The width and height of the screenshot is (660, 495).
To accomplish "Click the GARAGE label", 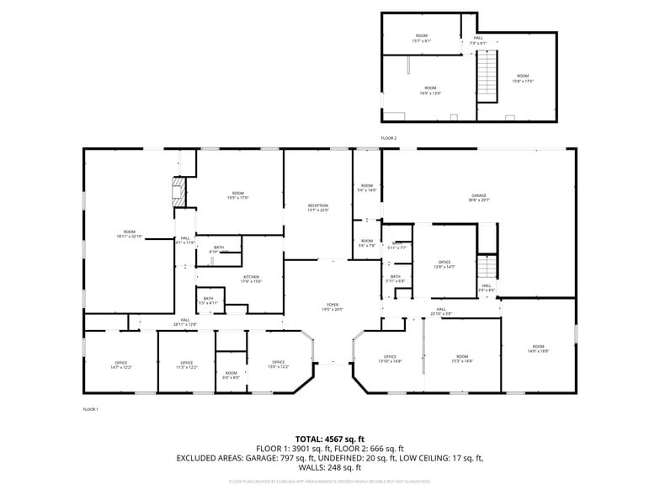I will coord(478,197).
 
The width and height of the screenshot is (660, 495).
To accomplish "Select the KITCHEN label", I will coord(252,279).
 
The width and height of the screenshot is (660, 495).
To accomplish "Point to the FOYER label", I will coord(333,306).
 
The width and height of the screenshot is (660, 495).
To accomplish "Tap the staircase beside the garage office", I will coord(487,268).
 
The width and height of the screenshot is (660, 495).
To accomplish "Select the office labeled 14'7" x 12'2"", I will coord(120,365).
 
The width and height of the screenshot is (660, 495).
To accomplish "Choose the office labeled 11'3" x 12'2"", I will coord(186,365).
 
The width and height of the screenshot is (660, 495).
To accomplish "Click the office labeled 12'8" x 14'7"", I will coord(444,264).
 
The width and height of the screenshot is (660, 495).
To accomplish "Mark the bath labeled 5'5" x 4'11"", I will coord(208,300).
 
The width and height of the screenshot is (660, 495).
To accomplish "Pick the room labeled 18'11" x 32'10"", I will coord(129,234).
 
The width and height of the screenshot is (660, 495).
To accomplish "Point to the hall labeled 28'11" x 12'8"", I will coord(185,322).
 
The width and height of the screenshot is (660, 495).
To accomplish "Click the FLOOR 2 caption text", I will coord(388,138).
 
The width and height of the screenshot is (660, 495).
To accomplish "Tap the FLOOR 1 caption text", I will coord(90,409).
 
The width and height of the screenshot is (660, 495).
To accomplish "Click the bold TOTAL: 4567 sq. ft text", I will coord(330,439).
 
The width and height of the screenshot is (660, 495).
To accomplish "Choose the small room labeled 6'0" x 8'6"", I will coord(232,375).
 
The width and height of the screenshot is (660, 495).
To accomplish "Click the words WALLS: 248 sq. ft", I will coord(330,467).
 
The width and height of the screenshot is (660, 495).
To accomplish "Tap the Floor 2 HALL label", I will coord(477,40).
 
